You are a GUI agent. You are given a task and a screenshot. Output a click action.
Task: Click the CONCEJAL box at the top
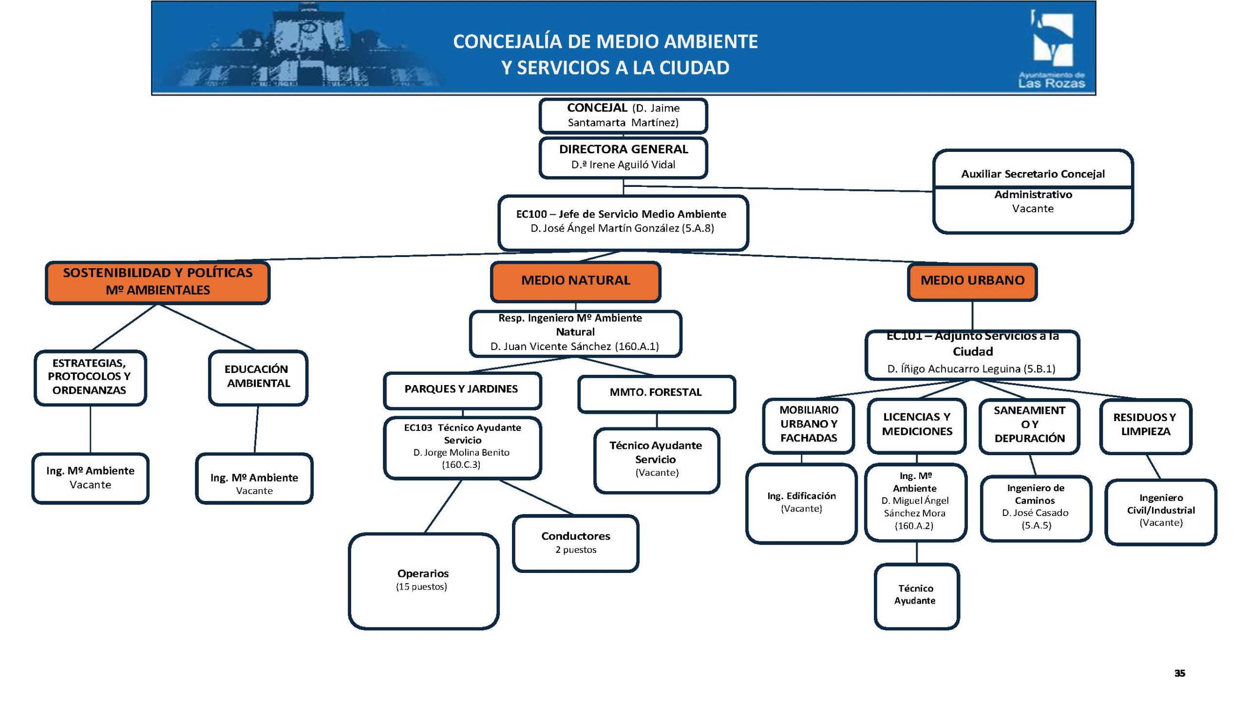click(623, 115)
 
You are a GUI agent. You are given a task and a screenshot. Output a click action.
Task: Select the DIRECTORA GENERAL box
click(623, 157)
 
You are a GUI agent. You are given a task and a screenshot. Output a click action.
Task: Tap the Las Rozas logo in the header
click(1052, 49)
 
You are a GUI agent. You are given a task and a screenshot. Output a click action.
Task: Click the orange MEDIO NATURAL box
click(575, 281)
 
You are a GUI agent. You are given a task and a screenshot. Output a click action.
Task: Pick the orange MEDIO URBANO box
click(972, 281)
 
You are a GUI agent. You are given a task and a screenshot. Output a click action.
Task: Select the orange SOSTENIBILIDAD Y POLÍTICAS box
click(157, 281)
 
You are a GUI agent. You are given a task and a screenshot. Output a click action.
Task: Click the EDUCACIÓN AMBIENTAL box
click(258, 376)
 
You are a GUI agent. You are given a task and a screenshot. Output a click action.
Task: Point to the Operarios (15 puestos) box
click(423, 580)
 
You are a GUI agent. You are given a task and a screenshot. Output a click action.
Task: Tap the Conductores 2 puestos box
click(575, 542)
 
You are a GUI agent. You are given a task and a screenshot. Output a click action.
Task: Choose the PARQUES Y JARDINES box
click(461, 389)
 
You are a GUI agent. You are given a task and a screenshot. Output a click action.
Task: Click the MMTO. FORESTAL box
click(656, 392)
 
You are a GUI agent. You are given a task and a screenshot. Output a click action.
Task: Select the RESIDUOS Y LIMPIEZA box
click(1145, 424)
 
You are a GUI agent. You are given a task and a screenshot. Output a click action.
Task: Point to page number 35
click(1179, 673)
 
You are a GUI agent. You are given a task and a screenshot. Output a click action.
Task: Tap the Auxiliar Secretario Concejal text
click(1033, 174)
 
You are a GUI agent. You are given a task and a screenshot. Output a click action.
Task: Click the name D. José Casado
click(1035, 513)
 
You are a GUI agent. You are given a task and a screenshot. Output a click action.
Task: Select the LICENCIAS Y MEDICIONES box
click(917, 424)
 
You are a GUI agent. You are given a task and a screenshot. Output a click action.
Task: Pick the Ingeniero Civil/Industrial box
click(1161, 510)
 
